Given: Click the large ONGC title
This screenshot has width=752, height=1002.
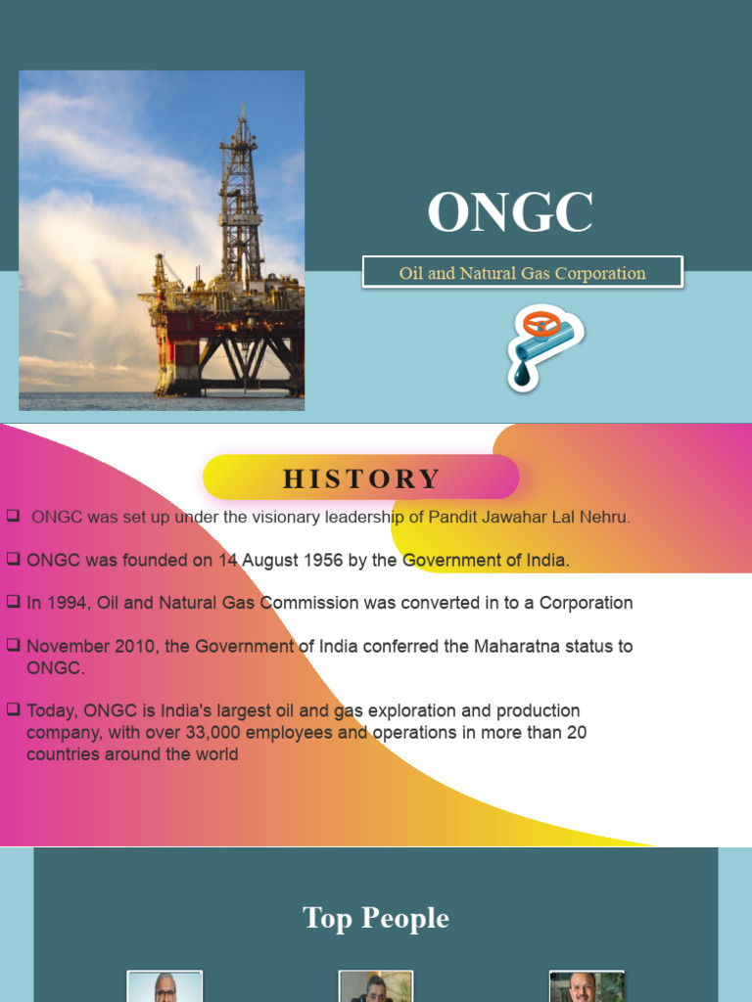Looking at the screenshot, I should coord(510,212).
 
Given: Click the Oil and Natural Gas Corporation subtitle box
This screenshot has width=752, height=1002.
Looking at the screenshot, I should coord(522,273).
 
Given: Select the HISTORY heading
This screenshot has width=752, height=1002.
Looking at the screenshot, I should coord(361,478).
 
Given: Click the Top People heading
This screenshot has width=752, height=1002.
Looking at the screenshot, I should coord(376,918).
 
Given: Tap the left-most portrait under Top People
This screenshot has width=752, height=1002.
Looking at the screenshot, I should coord(164,986).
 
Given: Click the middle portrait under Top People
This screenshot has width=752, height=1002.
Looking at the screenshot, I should coord(376,986).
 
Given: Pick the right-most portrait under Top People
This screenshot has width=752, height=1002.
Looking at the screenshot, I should coord(587,986).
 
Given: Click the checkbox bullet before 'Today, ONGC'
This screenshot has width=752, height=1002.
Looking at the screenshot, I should coord(13,708).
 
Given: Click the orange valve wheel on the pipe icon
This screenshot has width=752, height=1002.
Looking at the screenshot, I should coord(538,323).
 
